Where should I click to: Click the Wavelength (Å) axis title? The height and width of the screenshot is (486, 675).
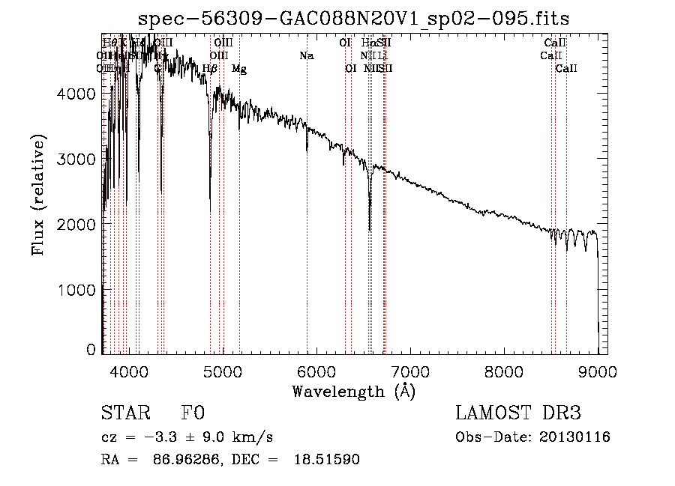point(353,391)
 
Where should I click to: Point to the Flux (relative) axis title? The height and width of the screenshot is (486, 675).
point(38,194)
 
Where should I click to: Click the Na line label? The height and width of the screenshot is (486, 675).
point(306,55)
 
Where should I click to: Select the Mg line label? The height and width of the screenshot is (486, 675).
point(239,68)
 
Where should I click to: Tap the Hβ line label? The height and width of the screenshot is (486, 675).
point(210,68)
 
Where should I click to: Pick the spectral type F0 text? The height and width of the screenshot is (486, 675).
point(193,413)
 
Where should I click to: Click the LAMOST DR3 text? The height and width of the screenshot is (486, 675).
point(518,413)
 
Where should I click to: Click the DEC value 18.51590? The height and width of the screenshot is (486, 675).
point(328,460)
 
